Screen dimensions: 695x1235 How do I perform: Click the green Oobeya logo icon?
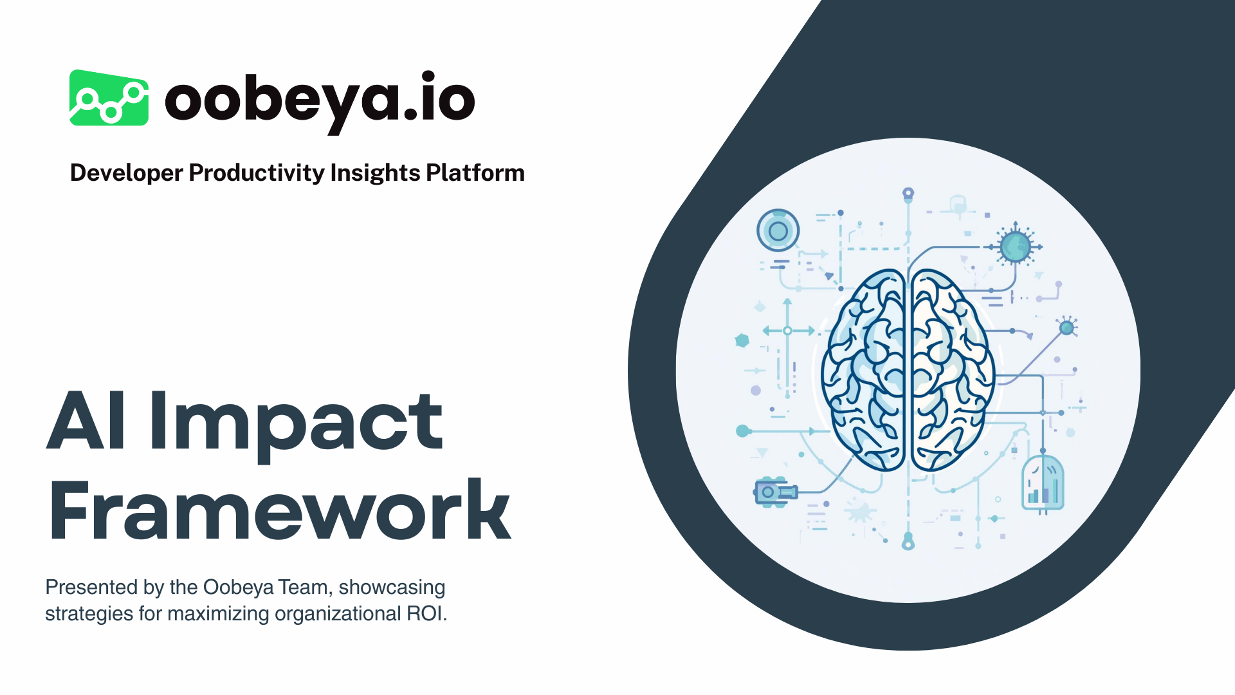click(109, 98)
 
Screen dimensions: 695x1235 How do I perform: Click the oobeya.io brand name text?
click(320, 100)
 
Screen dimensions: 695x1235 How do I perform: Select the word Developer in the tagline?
click(126, 173)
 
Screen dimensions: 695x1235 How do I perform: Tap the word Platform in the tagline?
click(475, 173)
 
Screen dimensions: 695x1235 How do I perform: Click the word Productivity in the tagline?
click(257, 173)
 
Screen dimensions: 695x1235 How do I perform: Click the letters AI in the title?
click(86, 422)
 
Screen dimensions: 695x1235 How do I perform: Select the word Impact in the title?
click(297, 425)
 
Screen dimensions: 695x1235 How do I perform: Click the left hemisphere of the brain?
click(865, 370)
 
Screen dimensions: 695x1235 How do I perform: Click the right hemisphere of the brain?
click(951, 370)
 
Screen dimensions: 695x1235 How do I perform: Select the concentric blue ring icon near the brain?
click(778, 230)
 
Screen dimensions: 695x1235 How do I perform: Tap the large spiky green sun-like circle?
click(1016, 246)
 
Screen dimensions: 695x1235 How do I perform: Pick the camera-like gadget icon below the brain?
click(774, 492)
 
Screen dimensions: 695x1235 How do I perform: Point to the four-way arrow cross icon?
click(787, 331)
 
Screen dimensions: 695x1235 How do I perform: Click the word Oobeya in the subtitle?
click(238, 587)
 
